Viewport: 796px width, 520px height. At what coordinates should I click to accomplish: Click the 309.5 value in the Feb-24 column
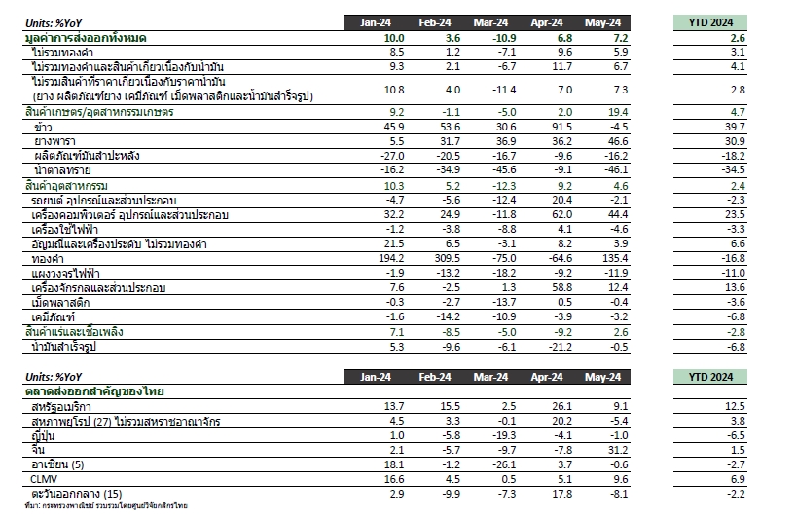pyautogui.click(x=448, y=258)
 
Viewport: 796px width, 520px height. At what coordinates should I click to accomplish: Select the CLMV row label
pyautogui.click(x=44, y=479)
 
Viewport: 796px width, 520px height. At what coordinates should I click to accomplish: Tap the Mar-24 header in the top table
pyautogui.click(x=490, y=22)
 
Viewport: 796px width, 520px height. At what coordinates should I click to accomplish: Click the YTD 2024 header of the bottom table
pyautogui.click(x=710, y=377)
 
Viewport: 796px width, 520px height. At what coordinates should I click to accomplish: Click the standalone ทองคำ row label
pyautogui.click(x=48, y=259)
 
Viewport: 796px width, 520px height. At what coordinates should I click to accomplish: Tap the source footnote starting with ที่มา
pyautogui.click(x=106, y=506)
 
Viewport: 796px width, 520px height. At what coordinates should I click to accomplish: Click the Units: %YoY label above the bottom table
pyautogui.click(x=54, y=377)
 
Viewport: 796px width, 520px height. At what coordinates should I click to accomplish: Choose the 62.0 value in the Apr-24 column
pyautogui.click(x=562, y=215)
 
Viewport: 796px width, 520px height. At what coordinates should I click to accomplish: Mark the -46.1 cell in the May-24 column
pyautogui.click(x=616, y=170)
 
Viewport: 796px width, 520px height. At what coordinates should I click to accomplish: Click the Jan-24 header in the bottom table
pyautogui.click(x=376, y=377)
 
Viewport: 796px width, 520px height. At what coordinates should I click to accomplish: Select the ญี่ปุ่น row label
pyautogui.click(x=43, y=436)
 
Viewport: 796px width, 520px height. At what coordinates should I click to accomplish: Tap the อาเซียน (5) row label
pyautogui.click(x=57, y=464)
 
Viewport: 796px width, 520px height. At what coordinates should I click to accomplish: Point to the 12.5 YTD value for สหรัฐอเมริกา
pyautogui.click(x=735, y=407)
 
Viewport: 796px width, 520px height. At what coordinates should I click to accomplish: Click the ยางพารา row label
pyautogui.click(x=54, y=141)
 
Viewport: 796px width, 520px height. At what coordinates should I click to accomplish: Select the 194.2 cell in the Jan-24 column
pyautogui.click(x=391, y=258)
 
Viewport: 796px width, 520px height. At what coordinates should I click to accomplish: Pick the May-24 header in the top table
pyautogui.click(x=602, y=22)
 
